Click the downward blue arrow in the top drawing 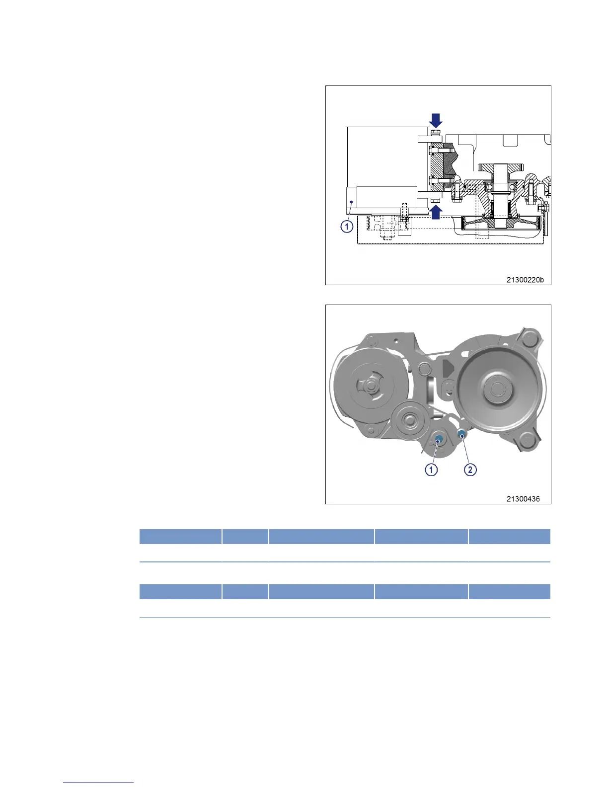click(435, 120)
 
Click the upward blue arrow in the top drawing click(435, 212)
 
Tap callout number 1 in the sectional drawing click(347, 227)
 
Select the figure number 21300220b click(525, 280)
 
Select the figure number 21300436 click(523, 499)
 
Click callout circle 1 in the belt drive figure click(431, 470)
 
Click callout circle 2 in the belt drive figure click(470, 470)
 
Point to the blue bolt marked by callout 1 click(439, 439)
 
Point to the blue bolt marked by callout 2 click(461, 434)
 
